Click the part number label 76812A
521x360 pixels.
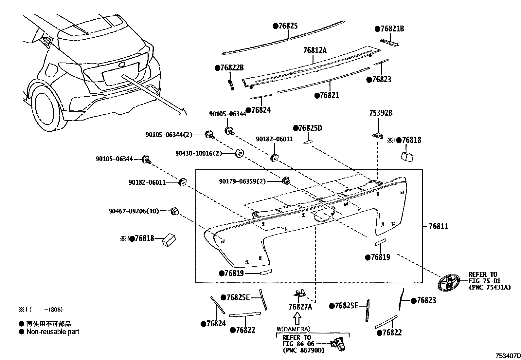coord(315,50)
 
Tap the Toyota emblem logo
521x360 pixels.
coord(449,282)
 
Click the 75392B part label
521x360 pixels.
coord(381,113)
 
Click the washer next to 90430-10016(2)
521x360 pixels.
coord(240,153)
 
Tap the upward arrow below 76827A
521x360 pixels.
coord(297,318)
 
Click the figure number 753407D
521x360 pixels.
coord(507,356)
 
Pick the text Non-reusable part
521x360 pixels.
coord(53,332)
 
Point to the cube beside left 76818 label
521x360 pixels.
coord(169,240)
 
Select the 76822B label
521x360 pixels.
coord(229,68)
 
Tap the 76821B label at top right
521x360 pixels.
coord(389,29)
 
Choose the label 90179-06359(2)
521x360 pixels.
coord(243,181)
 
